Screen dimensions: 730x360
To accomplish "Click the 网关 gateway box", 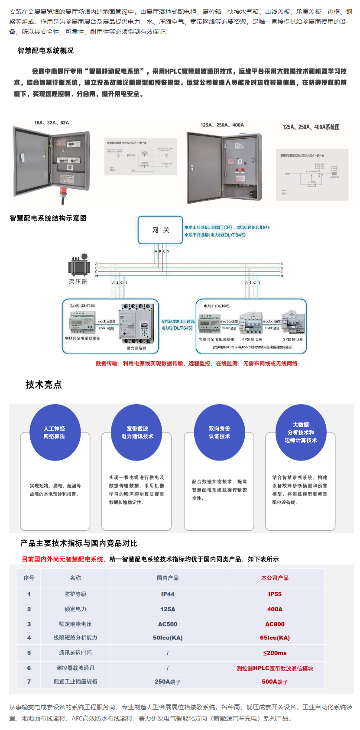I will coord(160,230).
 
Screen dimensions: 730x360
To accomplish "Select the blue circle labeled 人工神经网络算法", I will coord(55,432).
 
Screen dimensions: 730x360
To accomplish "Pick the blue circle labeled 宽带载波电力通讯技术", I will coord(137,432).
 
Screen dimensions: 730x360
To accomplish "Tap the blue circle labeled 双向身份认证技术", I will coord(219,432).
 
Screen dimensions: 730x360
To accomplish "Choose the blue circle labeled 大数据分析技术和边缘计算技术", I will coord(301,432).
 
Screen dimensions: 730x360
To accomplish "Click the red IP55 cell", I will coord(275,594).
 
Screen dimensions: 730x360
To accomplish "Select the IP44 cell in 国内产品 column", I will coord(168,594).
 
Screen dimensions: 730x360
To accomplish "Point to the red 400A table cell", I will coord(275,609).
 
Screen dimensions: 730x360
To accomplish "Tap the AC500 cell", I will coord(168,624).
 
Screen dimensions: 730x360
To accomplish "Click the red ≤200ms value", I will coord(275,653).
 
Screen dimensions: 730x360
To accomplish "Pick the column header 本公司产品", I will coord(275,578).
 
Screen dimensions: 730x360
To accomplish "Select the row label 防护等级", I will coord(75,594).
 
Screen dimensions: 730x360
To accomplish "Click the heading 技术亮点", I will coord(44,385).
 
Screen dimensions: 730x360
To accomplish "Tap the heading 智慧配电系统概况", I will coord(45,51).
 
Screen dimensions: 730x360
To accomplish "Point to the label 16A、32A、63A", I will coord(52,123).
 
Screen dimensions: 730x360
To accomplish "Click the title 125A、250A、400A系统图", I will coord(311,127).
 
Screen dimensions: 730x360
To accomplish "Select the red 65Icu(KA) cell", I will coord(275,638).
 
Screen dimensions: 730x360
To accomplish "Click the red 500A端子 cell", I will coord(275,681).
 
